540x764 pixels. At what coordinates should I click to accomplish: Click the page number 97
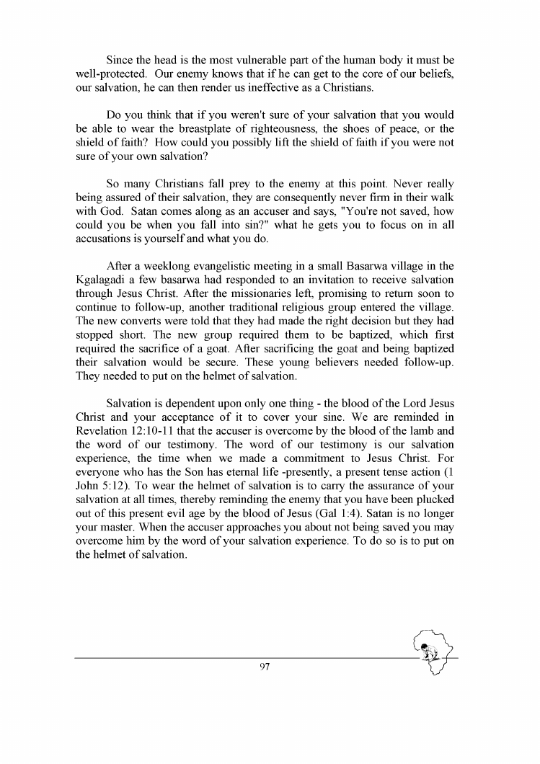tap(264, 667)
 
